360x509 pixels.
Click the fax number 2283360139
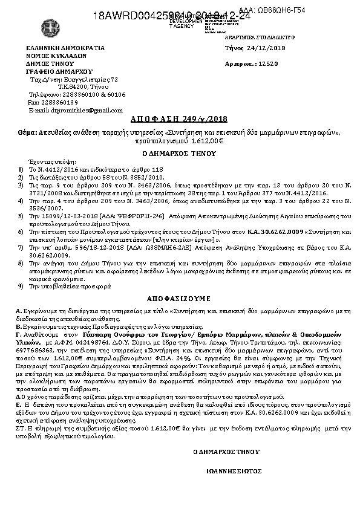(61, 103)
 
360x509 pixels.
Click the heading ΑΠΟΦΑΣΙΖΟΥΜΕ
(179, 299)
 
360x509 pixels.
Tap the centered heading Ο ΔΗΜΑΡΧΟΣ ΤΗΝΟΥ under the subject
(180, 154)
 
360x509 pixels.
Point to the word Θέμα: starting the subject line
(27, 132)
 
